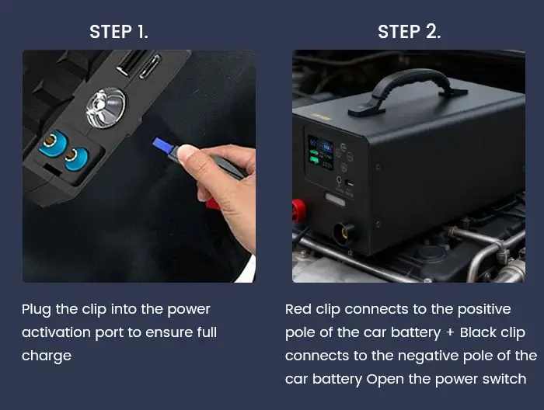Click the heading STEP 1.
[x=119, y=32]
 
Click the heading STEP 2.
[x=409, y=32]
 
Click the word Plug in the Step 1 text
[x=37, y=310]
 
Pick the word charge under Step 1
[x=47, y=356]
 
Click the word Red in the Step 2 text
[x=298, y=309]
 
